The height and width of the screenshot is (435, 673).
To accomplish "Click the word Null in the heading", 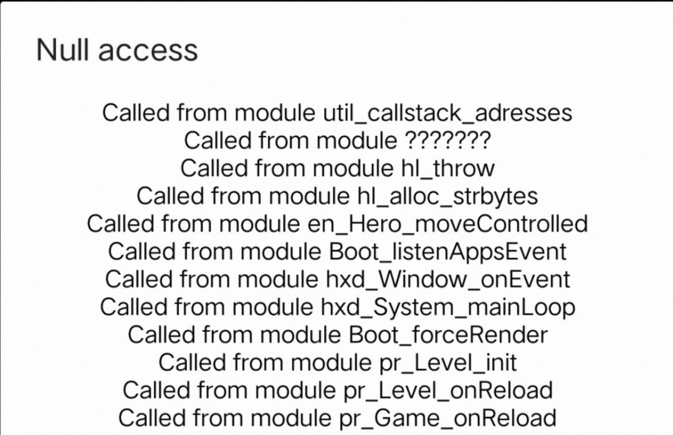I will (64, 50).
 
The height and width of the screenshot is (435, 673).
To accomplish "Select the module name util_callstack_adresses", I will (447, 113).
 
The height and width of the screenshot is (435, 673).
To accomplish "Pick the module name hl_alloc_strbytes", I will (444, 196).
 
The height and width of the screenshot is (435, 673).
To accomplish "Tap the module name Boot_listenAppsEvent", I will (447, 251).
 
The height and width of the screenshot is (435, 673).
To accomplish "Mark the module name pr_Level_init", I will (431, 362).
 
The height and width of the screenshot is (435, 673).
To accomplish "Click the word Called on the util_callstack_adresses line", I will (135, 113).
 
